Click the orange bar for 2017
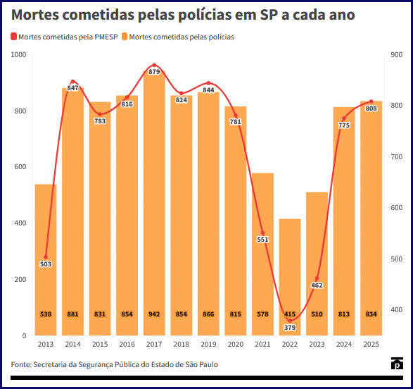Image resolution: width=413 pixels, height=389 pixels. pyautogui.click(x=154, y=203)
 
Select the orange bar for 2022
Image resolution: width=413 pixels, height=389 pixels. pyautogui.click(x=290, y=277)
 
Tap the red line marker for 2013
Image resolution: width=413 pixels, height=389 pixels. pyautogui.click(x=46, y=257)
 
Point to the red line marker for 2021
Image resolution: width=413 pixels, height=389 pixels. pyautogui.click(x=262, y=233)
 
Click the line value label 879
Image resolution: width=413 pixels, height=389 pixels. pyautogui.click(x=154, y=72)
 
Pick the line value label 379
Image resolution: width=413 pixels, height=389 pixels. pyautogui.click(x=290, y=327)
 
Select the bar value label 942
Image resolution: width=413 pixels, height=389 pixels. pyautogui.click(x=154, y=314)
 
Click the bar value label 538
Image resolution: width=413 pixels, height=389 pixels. pyautogui.click(x=46, y=314)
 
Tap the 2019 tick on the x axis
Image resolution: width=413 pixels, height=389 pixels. pyautogui.click(x=208, y=344)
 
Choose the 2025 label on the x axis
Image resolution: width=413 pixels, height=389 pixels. pyautogui.click(x=371, y=344)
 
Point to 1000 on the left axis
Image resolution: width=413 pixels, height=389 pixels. pyautogui.click(x=19, y=54)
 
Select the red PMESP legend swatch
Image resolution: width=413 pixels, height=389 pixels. pyautogui.click(x=13, y=37)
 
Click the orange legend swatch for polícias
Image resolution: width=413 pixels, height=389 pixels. pyautogui.click(x=125, y=37)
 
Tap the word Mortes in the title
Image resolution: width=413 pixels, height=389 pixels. pyautogui.click(x=35, y=15)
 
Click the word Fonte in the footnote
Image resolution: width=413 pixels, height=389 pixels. pyautogui.click(x=21, y=364)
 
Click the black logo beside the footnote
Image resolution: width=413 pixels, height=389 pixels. pyautogui.click(x=397, y=364)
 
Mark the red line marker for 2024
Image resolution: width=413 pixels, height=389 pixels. pyautogui.click(x=344, y=118)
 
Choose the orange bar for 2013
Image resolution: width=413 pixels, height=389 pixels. pyautogui.click(x=46, y=260)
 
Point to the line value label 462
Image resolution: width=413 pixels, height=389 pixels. pyautogui.click(x=317, y=285)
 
